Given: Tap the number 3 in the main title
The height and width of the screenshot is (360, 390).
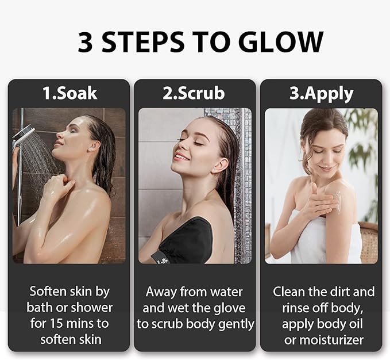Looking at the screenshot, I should point(85,43).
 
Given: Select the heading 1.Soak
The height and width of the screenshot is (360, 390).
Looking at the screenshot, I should point(69,94).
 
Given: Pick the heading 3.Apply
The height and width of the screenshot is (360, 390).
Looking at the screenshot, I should point(321,94).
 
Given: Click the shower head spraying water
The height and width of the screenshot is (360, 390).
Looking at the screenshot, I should point(23,136).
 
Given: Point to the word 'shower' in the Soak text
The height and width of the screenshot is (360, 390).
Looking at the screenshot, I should point(94,308).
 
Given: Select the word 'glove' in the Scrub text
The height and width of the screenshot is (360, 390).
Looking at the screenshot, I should point(229,308).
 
